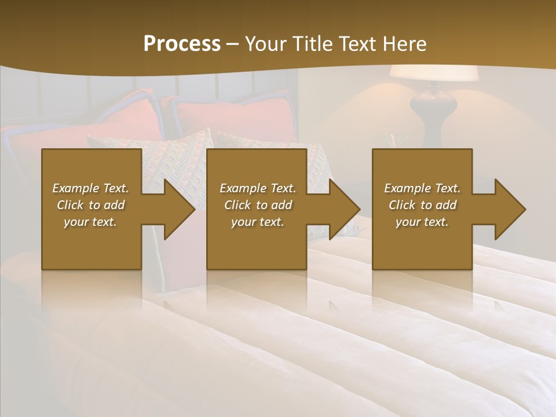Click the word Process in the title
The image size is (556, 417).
[182, 43]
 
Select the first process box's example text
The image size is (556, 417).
[90, 205]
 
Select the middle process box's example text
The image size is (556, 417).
[258, 205]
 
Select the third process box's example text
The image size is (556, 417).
[422, 205]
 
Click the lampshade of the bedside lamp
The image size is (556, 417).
[434, 73]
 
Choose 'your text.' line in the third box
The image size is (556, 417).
[422, 222]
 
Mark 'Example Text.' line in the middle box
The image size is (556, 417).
[258, 188]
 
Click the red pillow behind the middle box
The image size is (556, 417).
[232, 119]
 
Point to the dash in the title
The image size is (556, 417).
[233, 44]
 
